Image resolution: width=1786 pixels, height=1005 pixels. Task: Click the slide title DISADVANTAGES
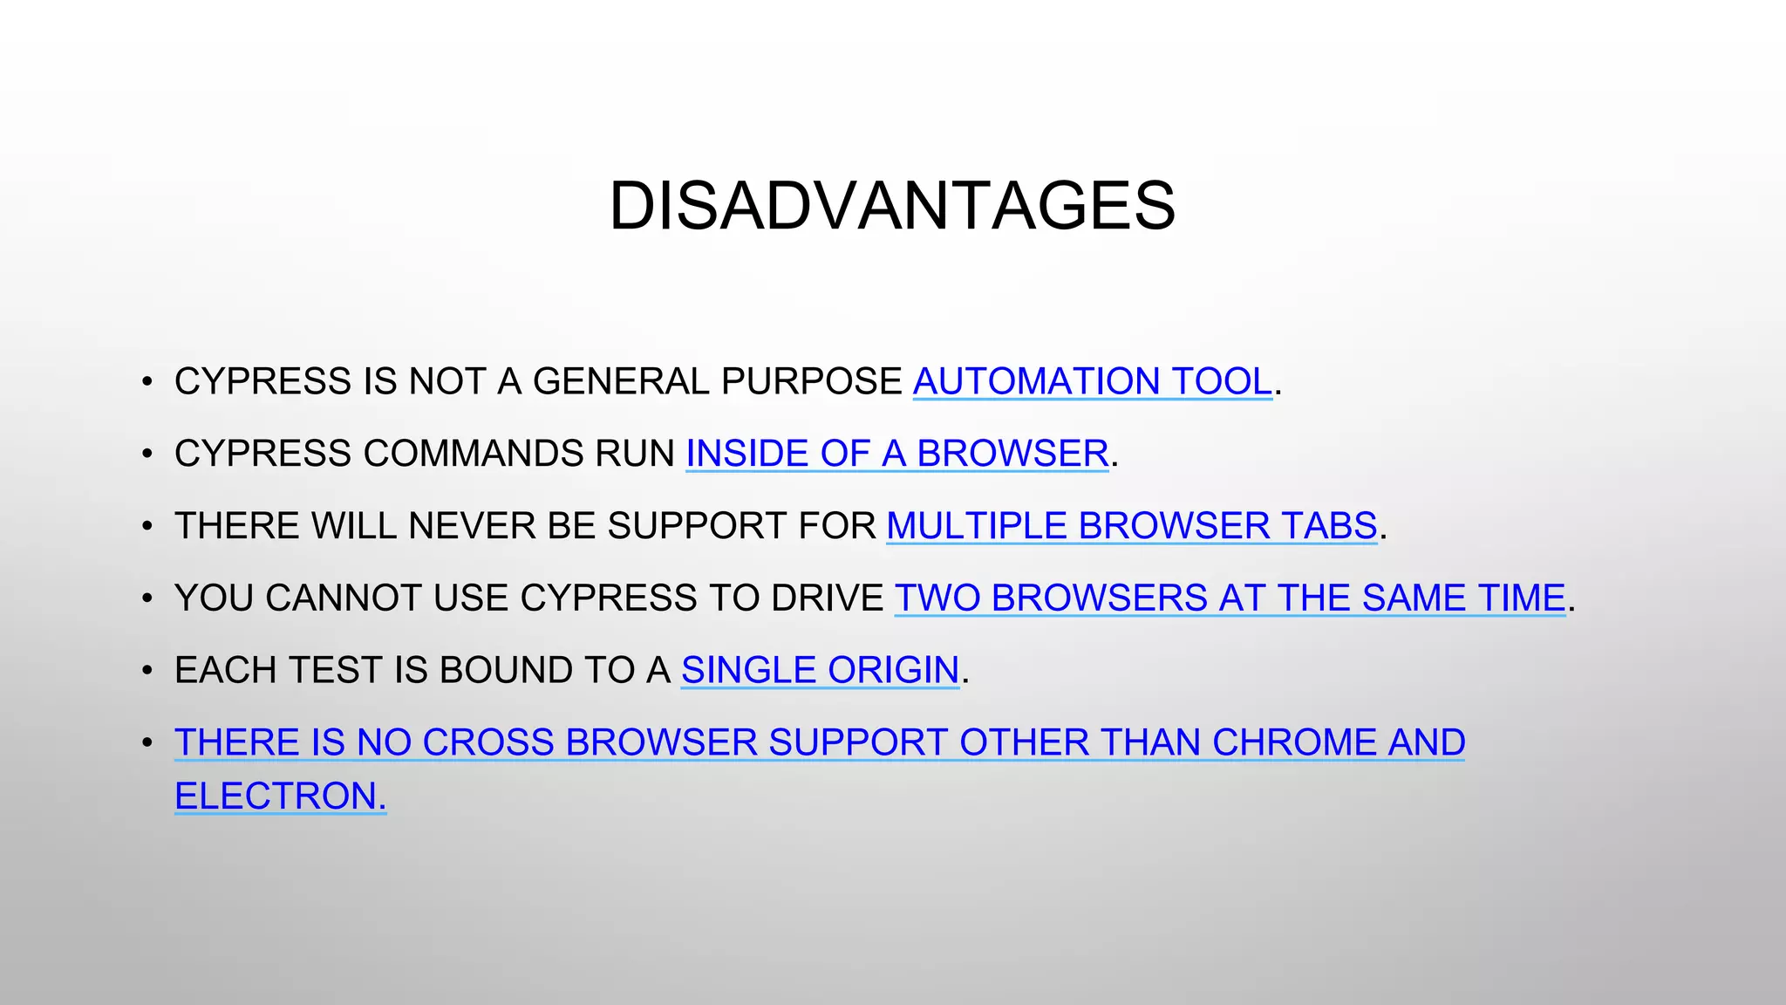[x=892, y=206]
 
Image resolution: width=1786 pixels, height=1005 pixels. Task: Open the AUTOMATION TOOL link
[x=1092, y=381]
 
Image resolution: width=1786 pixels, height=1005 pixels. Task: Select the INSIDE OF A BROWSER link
[x=897, y=454]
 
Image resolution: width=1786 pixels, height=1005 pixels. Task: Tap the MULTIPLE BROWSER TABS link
[x=1131, y=526]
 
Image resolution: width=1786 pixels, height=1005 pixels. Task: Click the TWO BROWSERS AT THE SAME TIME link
[x=1230, y=598]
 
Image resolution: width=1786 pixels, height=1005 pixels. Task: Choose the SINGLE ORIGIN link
[x=820, y=670]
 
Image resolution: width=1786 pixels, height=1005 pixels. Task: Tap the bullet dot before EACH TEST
[x=147, y=671]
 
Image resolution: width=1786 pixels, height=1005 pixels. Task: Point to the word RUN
[x=634, y=454]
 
